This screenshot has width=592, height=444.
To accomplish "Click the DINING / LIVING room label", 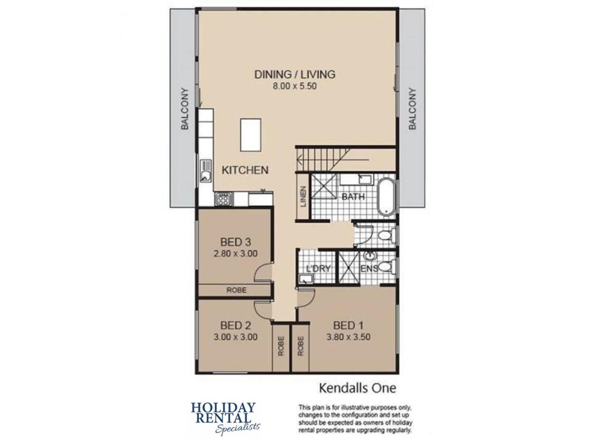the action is [x=295, y=74].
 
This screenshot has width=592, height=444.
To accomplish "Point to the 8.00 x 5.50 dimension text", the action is [x=295, y=86].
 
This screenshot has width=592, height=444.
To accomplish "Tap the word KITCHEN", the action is [x=245, y=170].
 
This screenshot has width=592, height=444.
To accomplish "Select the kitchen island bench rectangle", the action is [x=251, y=135].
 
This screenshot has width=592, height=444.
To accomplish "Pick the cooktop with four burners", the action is [x=223, y=199].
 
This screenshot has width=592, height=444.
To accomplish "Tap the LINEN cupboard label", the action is [x=303, y=197].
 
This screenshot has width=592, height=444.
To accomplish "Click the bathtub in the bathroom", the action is [x=386, y=196].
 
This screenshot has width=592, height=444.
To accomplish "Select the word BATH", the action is [x=353, y=197].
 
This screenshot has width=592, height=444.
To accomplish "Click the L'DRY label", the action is [x=318, y=269].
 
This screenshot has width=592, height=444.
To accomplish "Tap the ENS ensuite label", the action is [x=369, y=269].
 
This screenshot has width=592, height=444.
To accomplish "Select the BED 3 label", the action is [x=236, y=242].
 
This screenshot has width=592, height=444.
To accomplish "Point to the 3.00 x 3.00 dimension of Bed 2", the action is [x=236, y=337].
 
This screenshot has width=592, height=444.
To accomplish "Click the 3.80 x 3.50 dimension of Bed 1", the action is [x=348, y=337].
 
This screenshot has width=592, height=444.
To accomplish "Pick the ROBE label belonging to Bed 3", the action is [x=236, y=290].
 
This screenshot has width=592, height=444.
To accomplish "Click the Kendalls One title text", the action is [x=357, y=388].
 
